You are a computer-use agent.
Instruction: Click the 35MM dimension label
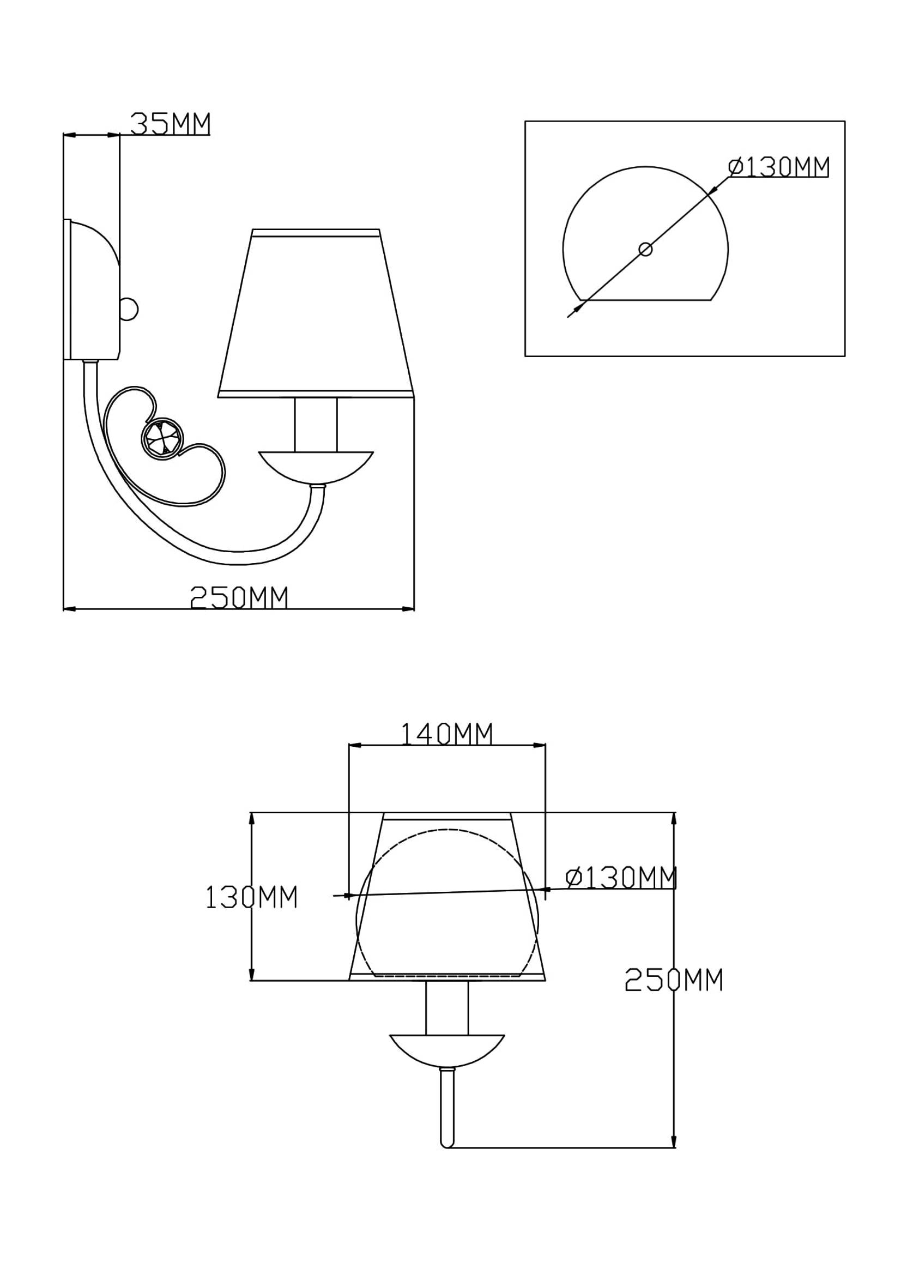(171, 124)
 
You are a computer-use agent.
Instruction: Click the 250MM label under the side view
(239, 598)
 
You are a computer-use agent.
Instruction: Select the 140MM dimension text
(446, 734)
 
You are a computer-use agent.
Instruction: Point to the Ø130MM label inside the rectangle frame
(779, 167)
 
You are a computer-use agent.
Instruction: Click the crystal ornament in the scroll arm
(161, 438)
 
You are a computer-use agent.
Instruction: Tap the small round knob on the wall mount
(129, 309)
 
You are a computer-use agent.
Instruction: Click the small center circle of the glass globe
(645, 249)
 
